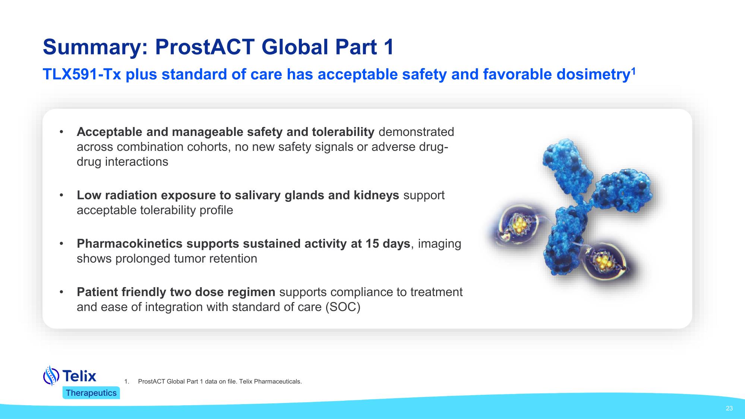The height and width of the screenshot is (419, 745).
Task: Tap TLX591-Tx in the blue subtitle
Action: tap(82, 74)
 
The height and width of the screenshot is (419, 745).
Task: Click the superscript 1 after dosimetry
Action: tap(632, 70)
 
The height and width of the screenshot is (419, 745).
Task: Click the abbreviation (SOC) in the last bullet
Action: tap(342, 307)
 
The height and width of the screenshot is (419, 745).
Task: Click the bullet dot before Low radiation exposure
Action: tap(61, 195)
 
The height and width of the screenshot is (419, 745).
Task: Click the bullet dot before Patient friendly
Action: tap(61, 292)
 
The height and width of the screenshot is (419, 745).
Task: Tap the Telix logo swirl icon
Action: tap(51, 375)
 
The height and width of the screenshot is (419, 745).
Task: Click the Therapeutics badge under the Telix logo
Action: tap(91, 393)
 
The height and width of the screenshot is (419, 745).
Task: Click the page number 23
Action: tap(729, 408)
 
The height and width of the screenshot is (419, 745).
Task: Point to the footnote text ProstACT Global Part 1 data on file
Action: tap(220, 382)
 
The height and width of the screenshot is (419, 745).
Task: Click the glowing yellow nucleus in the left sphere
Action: tap(519, 225)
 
